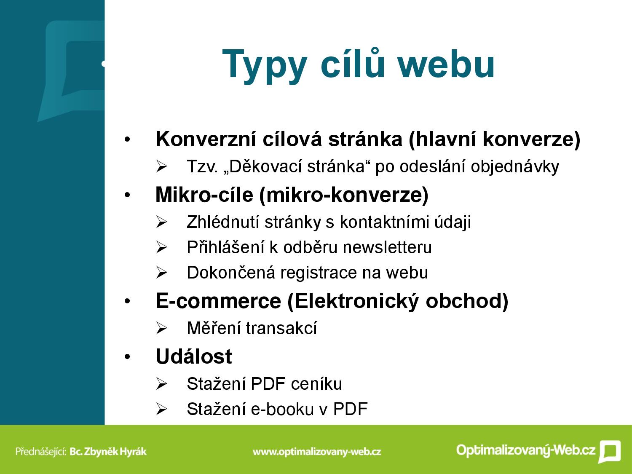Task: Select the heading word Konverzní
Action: point(206,139)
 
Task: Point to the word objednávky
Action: point(515,167)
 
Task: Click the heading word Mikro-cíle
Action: point(204,195)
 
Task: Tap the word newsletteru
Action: point(387,247)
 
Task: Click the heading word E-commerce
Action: point(218,301)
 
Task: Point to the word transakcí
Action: point(281,328)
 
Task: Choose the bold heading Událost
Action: point(193,356)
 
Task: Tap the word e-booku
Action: point(282,409)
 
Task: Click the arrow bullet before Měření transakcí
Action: point(161,328)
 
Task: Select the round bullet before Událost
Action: point(127,357)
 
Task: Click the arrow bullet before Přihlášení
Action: point(161,247)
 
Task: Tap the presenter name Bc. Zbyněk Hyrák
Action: point(108,451)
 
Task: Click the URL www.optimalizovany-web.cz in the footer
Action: point(317,452)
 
